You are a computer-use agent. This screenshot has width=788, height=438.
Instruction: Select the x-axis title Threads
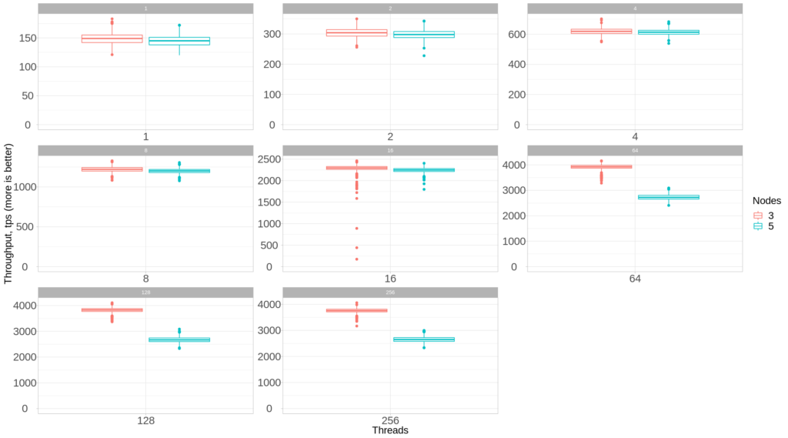(389, 430)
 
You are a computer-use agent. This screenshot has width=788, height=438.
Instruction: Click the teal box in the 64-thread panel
(669, 197)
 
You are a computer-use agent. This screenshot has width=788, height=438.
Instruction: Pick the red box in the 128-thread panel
(112, 310)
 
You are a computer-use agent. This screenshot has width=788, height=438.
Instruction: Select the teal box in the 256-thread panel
(424, 339)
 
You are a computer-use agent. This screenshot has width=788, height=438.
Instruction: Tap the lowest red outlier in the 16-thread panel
(356, 259)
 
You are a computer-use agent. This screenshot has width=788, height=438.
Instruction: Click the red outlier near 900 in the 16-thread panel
(356, 229)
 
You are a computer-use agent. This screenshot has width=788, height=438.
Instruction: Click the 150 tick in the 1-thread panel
(23, 38)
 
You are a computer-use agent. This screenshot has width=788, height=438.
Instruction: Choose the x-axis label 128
(145, 421)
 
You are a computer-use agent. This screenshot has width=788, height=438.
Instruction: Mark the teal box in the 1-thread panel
(179, 41)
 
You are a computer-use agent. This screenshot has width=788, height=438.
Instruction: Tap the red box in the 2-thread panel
(356, 32)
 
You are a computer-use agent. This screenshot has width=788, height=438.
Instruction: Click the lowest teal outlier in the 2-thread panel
(424, 55)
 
